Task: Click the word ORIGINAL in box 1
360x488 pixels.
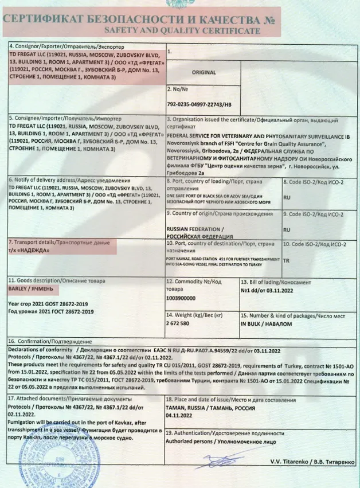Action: click(x=204, y=73)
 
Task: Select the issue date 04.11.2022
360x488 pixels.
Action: click(x=181, y=419)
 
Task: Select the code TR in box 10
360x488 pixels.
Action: click(x=287, y=259)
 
